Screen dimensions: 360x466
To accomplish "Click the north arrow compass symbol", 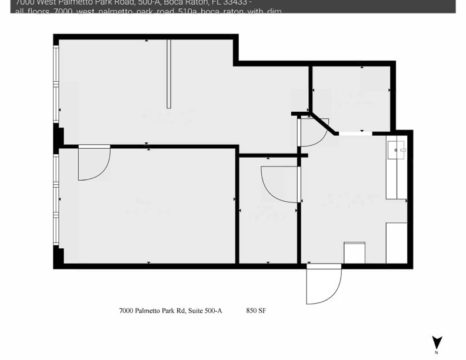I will coord(437,343).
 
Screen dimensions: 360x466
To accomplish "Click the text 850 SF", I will coord(257,311).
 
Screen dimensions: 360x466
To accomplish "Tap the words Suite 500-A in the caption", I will coord(204,311).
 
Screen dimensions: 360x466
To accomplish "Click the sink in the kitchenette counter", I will coord(395,150).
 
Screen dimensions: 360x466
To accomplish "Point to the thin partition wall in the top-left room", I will coord(169,74).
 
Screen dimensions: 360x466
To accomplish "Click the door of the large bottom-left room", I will coord(94,162).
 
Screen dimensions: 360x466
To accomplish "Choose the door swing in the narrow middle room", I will coord(279,184).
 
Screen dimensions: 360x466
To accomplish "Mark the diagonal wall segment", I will coord(322,123).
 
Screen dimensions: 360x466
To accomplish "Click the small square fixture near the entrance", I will coord(354,252).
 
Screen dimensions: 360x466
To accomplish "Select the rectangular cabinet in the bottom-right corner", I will coord(397,243).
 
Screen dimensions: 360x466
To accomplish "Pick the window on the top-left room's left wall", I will coord(56,84).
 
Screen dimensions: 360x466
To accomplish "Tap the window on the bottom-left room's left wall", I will coord(56,200).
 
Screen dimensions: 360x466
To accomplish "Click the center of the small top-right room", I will coord(351,98).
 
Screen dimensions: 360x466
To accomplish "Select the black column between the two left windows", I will coord(58,138).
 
